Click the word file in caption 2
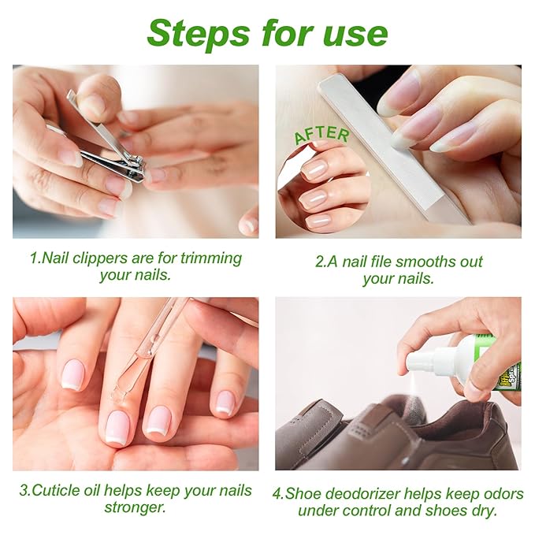tap(366, 262)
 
